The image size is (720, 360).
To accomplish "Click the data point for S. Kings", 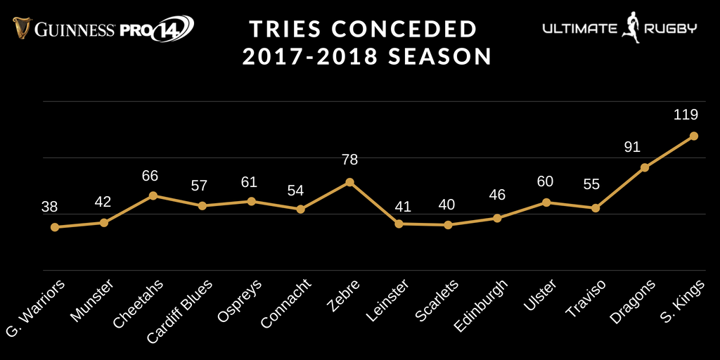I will (693, 136).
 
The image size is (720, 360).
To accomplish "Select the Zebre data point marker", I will (349, 182).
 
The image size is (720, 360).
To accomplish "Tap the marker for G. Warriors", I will (54, 227).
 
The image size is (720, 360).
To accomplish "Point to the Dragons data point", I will (644, 168).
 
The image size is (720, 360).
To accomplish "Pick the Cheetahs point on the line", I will (153, 195).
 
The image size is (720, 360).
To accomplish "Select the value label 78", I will (349, 160).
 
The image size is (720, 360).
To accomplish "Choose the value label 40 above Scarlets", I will (447, 205).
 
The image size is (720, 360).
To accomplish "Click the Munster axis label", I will (89, 300).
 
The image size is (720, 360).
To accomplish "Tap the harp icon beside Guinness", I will (20, 29).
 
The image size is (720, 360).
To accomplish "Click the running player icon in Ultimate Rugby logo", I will (631, 27).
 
